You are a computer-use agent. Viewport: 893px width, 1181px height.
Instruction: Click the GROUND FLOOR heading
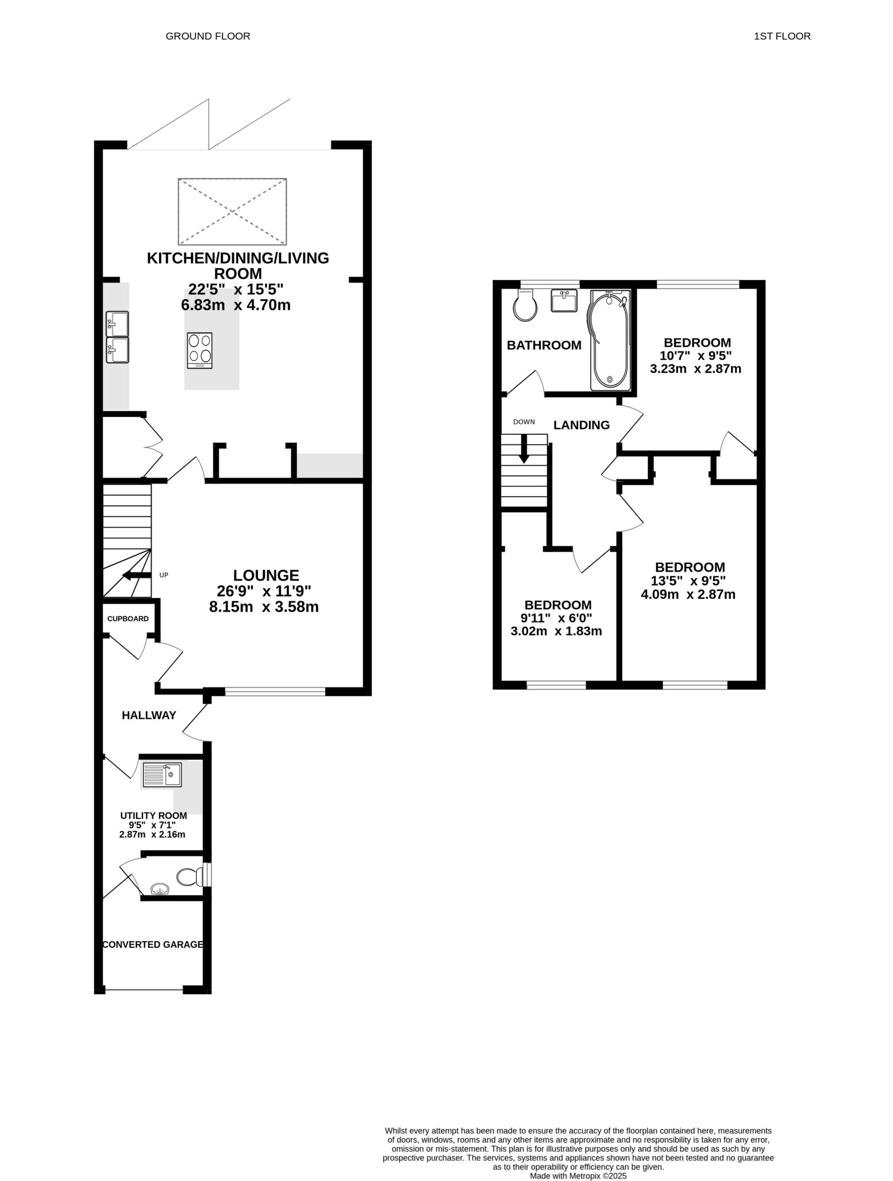207,36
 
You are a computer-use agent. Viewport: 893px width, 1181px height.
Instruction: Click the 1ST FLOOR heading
781,36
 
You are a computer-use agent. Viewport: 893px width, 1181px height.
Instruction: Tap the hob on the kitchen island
200,350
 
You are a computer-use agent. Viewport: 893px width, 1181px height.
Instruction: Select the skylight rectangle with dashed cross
232,211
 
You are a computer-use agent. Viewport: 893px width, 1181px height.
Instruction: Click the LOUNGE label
266,575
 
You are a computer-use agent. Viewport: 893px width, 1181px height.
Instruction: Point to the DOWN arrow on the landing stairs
524,448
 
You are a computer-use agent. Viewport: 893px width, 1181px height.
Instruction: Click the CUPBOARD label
128,619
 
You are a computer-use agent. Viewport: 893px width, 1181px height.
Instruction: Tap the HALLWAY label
149,715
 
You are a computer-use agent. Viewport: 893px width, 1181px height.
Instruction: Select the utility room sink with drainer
163,774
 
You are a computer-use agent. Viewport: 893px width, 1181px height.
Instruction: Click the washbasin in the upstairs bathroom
563,301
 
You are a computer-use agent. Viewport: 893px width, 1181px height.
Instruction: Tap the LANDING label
581,425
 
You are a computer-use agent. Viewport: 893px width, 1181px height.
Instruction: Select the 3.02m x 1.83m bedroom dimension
556,631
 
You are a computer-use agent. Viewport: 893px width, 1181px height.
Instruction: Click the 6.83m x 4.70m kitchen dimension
236,305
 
